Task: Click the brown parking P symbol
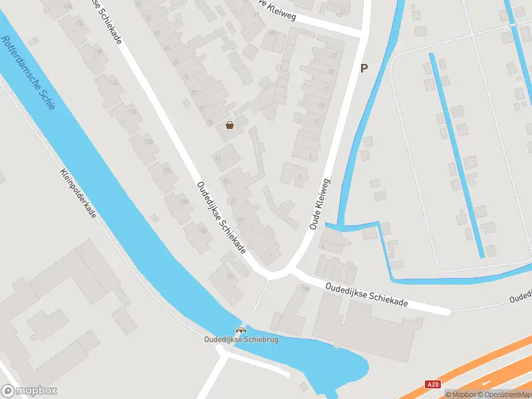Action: pyautogui.click(x=364, y=68)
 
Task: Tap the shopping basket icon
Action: pyautogui.click(x=230, y=124)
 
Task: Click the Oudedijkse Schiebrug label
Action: pyautogui.click(x=241, y=340)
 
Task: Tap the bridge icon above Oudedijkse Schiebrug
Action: pyautogui.click(x=241, y=330)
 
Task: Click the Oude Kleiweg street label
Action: pyautogui.click(x=320, y=204)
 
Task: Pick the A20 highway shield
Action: pyautogui.click(x=433, y=384)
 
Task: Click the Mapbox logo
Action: pyautogui.click(x=29, y=391)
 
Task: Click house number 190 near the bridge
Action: pyautogui.click(x=231, y=277)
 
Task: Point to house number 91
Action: pyautogui.click(x=218, y=158)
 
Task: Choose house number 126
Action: pyautogui.click(x=166, y=170)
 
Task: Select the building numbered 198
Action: pyautogui.click(x=306, y=289)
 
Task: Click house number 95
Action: pyautogui.click(x=226, y=180)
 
